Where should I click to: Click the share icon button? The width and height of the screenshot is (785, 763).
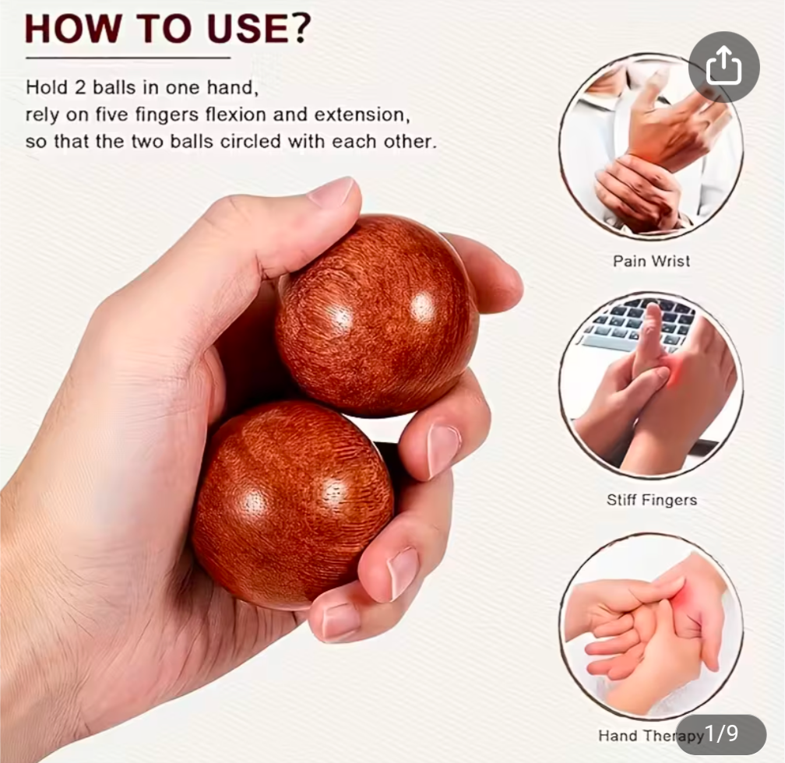[724, 67]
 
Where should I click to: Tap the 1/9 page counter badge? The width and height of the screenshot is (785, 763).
[721, 734]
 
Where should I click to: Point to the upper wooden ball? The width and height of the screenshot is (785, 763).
[376, 316]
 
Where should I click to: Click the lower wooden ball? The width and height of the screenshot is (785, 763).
[293, 504]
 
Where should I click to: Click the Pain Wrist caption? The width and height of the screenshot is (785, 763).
[651, 261]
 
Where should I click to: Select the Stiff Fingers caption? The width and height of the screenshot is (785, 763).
[652, 500]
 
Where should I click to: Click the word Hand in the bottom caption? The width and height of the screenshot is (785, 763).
[618, 736]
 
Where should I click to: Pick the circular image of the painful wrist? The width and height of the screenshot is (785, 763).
[651, 145]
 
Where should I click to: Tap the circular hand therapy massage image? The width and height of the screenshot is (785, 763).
[651, 625]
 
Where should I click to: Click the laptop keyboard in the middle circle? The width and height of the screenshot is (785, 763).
[635, 324]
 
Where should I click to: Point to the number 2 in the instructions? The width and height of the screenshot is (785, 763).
[80, 88]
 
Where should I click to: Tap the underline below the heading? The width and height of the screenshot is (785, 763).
[128, 58]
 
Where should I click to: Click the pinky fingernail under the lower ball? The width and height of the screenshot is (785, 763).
[340, 620]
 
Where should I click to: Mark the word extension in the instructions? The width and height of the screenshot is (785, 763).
[362, 114]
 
